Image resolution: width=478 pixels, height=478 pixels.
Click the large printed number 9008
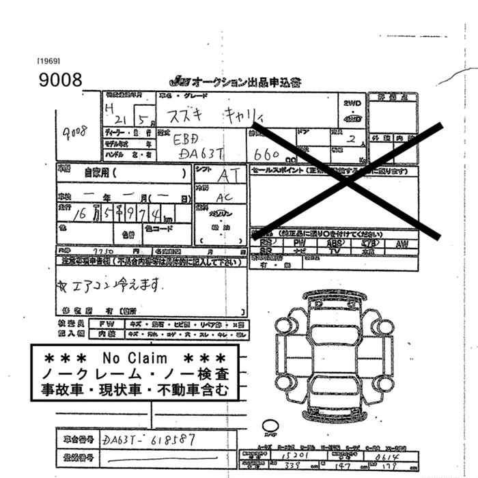(x=61, y=80)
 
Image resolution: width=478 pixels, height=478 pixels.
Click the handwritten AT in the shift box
(x=228, y=175)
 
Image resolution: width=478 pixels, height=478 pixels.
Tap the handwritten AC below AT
(x=222, y=196)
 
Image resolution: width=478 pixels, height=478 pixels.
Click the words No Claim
(x=135, y=358)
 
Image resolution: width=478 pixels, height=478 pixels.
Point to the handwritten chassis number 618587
(x=171, y=440)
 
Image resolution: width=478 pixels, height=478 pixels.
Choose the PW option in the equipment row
(x=299, y=242)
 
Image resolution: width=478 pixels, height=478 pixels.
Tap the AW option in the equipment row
(x=402, y=242)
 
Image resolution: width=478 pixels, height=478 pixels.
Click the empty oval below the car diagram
(x=271, y=426)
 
